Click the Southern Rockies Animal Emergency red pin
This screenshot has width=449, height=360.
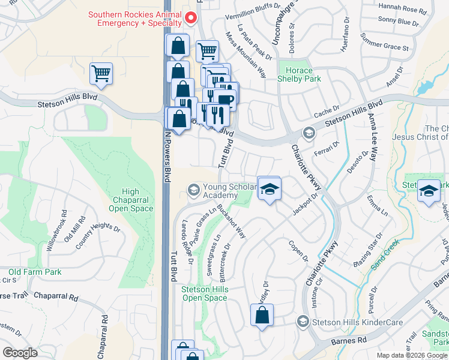[191, 17]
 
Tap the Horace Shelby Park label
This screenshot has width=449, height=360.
[299, 74]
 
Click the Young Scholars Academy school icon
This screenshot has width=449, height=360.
[193, 191]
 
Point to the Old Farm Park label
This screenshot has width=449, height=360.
[35, 272]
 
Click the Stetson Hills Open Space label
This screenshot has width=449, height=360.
[205, 293]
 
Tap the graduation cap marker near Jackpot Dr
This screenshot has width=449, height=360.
[270, 188]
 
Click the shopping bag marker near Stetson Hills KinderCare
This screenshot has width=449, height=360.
[262, 315]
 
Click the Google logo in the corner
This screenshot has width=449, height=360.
[20, 352]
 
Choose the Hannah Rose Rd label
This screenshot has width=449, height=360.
[405, 10]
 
